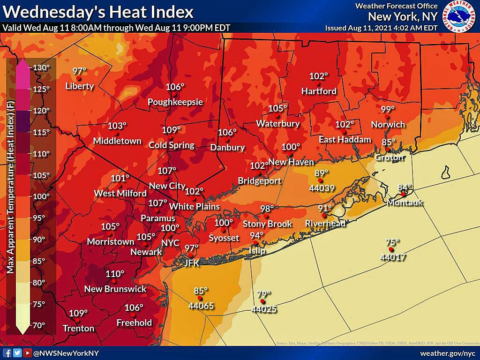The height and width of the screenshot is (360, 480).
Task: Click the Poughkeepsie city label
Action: (x=175, y=102)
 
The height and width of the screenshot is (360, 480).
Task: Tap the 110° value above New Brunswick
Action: (x=115, y=274)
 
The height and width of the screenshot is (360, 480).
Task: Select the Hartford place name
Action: (x=319, y=91)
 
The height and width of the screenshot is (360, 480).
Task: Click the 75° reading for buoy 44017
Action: (x=392, y=242)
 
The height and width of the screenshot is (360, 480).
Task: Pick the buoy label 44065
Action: (x=201, y=306)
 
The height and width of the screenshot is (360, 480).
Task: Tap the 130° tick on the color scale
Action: (x=41, y=67)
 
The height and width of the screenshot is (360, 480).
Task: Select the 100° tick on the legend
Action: (x=41, y=196)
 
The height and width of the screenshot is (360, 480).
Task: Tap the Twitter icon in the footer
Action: (x=17, y=353)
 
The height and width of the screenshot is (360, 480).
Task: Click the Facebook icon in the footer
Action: (x=7, y=353)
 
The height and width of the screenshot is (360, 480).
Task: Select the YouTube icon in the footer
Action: (x=27, y=353)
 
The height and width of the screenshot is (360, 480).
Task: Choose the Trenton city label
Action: (x=78, y=328)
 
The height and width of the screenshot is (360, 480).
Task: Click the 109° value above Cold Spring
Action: (x=171, y=130)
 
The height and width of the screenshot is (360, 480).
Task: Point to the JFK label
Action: (x=192, y=263)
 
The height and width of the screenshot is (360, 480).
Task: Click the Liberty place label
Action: (x=80, y=86)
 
